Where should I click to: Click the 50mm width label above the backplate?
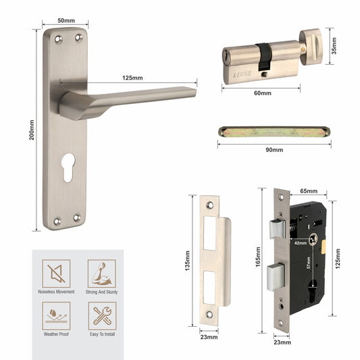click(x=66, y=20)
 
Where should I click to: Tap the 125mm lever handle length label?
click(x=132, y=78)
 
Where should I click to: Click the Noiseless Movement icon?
click(x=56, y=274)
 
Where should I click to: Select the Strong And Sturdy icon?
click(x=101, y=274)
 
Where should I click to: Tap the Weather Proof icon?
click(x=56, y=314)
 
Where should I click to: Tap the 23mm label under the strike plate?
click(x=209, y=336)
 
